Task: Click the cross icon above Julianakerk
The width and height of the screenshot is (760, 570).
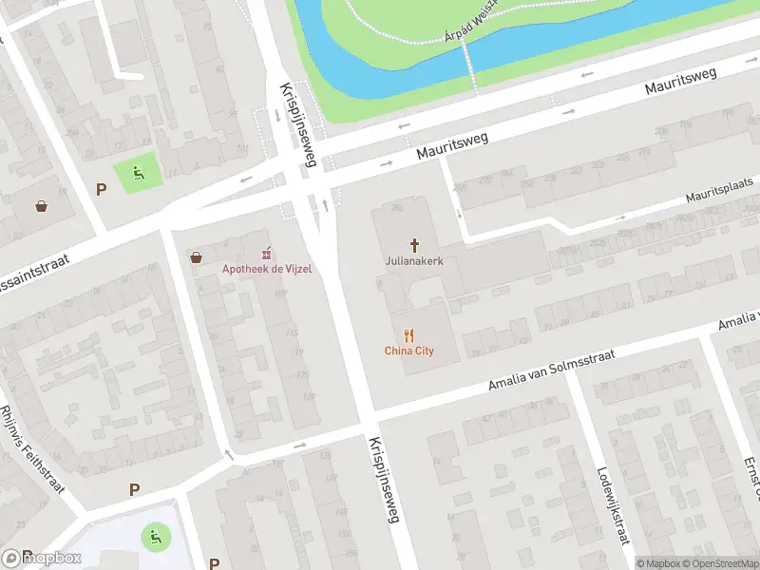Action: tap(414, 243)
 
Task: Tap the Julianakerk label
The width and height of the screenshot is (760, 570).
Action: tap(414, 259)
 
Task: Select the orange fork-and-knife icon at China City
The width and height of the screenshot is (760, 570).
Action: tap(409, 334)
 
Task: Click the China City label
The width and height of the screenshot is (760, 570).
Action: tap(409, 351)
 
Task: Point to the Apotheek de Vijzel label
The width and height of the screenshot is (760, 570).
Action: tap(267, 269)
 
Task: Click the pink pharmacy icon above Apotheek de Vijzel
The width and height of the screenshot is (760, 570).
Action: tap(267, 253)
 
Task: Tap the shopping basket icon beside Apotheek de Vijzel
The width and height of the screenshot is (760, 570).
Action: tap(197, 256)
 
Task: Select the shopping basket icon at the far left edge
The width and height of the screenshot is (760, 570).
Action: tap(42, 205)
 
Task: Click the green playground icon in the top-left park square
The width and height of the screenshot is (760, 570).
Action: tap(139, 173)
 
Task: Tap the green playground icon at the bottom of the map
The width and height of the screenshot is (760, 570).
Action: tap(152, 537)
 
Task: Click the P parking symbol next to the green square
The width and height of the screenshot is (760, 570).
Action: tap(101, 189)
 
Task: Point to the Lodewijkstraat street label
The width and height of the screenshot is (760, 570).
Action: tap(614, 504)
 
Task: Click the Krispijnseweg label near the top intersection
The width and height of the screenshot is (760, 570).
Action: tap(296, 124)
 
